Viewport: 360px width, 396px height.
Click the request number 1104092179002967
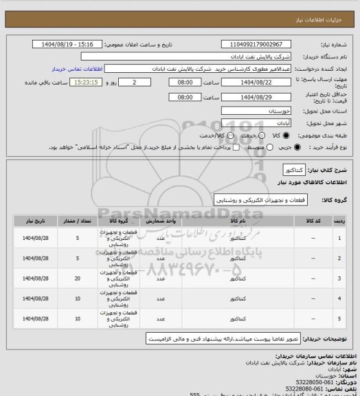coord(255,44)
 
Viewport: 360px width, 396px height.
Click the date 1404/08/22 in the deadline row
coord(255,82)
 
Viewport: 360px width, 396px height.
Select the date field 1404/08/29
coord(255,96)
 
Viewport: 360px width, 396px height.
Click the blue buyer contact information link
coord(76,69)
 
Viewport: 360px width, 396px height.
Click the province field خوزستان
coord(255,110)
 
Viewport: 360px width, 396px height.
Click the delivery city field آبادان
coord(255,123)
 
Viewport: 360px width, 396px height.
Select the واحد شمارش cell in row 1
coord(161,238)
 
